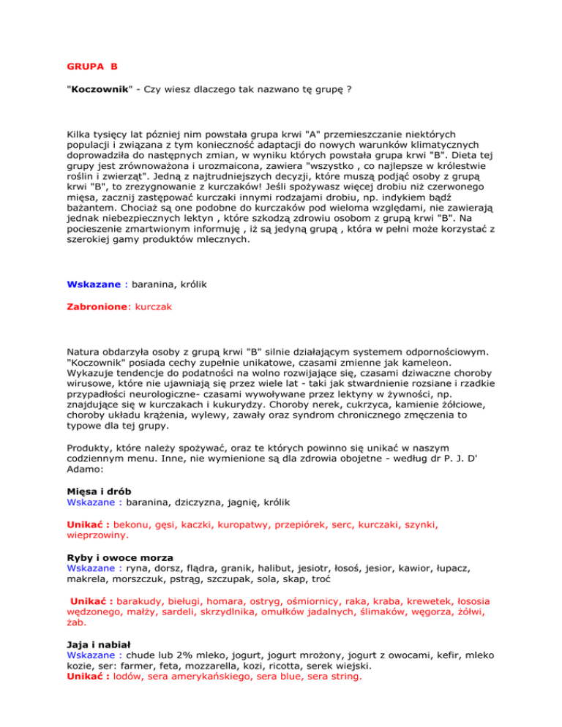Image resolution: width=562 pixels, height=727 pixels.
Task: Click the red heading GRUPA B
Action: click(x=88, y=67)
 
